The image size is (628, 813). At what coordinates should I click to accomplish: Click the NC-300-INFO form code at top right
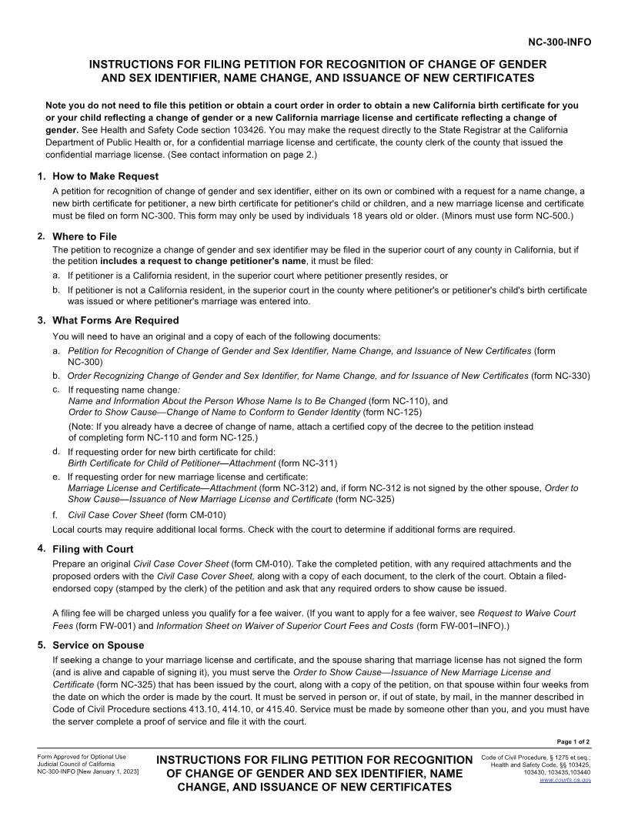559,42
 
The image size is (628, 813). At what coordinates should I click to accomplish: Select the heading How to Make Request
105,176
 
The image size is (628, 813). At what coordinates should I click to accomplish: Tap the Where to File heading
85,236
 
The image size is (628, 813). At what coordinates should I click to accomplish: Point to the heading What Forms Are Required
115,320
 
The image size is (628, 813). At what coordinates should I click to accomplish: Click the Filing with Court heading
92,549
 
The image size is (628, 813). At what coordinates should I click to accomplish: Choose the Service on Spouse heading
98,645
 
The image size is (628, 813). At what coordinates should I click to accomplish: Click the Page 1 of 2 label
573,741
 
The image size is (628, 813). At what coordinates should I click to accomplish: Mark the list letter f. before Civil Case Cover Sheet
56,514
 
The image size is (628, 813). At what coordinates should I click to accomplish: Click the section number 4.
41,548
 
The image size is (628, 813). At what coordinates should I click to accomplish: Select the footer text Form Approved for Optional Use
82,756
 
